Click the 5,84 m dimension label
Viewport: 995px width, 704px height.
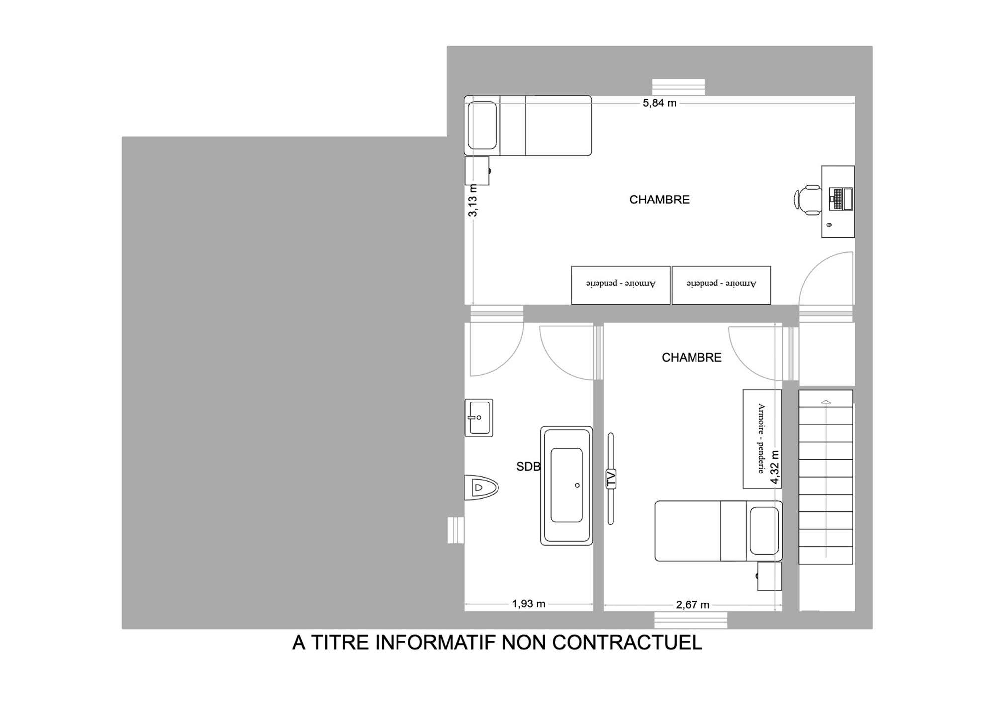659,103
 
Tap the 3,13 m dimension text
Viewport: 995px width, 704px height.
473,201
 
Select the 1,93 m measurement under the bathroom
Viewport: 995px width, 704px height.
529,603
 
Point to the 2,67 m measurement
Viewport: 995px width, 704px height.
693,604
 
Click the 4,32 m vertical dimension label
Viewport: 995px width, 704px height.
774,467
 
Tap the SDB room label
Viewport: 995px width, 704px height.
528,466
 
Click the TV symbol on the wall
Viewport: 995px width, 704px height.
611,479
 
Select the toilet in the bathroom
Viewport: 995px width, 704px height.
481,487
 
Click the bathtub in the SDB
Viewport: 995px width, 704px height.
566,486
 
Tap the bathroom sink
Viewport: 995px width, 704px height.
479,417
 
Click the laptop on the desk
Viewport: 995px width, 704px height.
841,199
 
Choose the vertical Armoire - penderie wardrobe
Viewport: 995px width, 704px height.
762,438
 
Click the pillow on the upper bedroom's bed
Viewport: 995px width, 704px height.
482,125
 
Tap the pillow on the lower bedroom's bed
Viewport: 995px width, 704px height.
764,531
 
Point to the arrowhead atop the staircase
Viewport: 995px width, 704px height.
826,402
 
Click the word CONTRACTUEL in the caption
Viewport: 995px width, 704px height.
627,642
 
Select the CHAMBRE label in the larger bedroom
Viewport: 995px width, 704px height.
659,200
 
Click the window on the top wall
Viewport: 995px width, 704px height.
679,87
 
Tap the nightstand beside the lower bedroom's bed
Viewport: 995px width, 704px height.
769,576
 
